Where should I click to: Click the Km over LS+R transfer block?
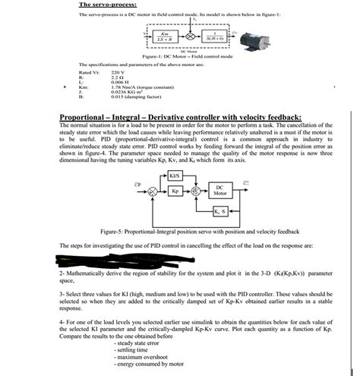tap(164, 35)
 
